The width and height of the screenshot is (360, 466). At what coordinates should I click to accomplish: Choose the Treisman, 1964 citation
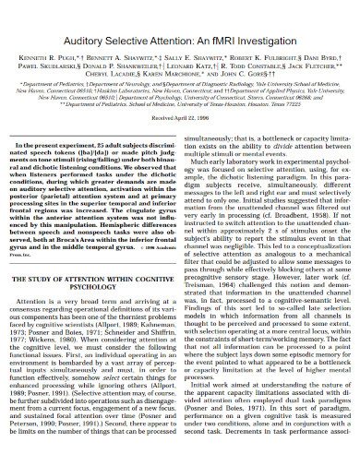point(215,310)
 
